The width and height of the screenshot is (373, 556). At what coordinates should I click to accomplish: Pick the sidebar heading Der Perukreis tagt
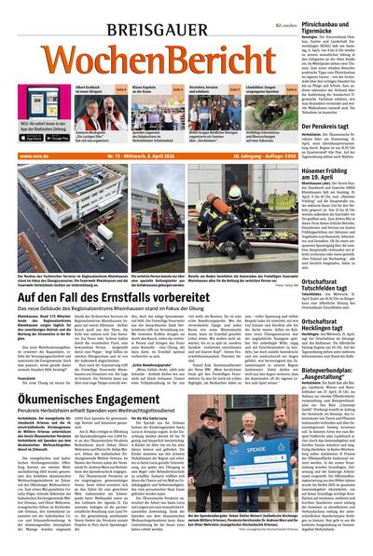point(337,125)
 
